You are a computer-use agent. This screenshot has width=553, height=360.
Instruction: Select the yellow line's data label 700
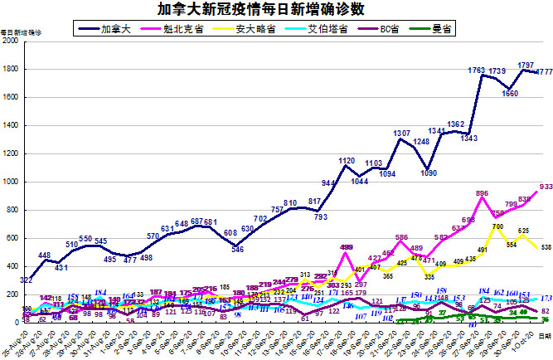pyautogui.click(x=497, y=226)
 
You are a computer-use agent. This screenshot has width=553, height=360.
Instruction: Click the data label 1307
pyautogui.click(x=402, y=134)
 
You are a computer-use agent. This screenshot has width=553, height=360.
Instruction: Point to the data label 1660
pyautogui.click(x=511, y=94)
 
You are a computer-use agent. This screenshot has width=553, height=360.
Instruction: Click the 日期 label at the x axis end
pyautogui.click(x=545, y=336)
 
